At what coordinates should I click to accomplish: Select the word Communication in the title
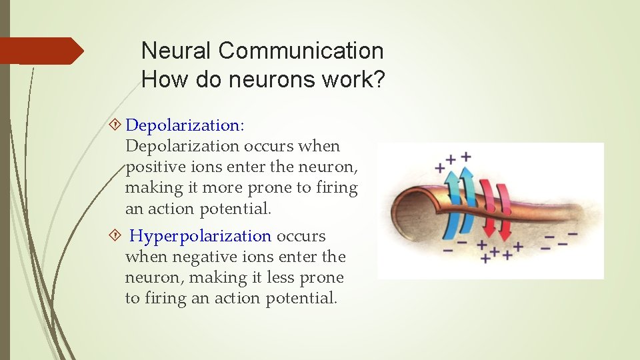[x=301, y=51]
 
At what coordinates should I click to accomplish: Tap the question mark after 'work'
[x=378, y=80]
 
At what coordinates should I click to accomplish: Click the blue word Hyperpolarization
[x=200, y=236]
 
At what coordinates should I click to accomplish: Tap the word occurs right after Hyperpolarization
[x=301, y=236]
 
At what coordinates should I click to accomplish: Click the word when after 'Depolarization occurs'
[x=320, y=146]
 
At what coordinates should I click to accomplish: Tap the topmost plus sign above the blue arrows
[x=465, y=157]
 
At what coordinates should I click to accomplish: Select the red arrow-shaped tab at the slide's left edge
[x=41, y=51]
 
